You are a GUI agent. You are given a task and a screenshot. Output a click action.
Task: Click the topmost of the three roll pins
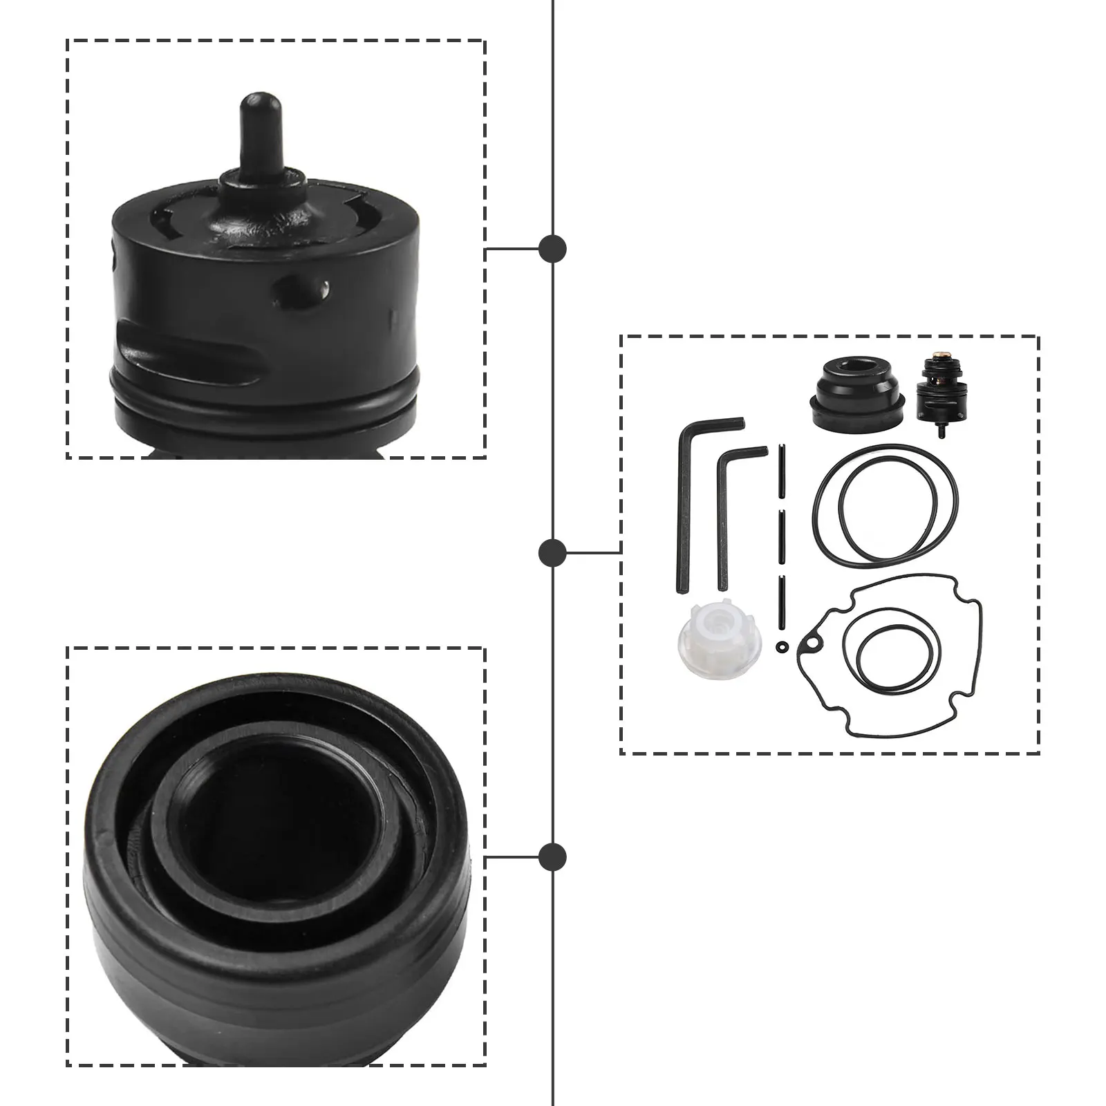pyautogui.click(x=780, y=471)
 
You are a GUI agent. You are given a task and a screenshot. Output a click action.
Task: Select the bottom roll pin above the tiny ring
pyautogui.click(x=780, y=602)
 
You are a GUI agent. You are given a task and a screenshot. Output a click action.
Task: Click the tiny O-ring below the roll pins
pyautogui.click(x=781, y=646)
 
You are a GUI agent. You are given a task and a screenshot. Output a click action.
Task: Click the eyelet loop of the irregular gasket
pyautogui.click(x=809, y=645)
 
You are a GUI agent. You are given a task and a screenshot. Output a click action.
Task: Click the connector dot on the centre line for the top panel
pyautogui.click(x=552, y=248)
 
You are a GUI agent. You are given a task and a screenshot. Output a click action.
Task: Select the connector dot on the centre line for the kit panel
pyautogui.click(x=552, y=552)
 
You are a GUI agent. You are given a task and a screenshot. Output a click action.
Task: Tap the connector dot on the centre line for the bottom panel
pyautogui.click(x=552, y=856)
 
